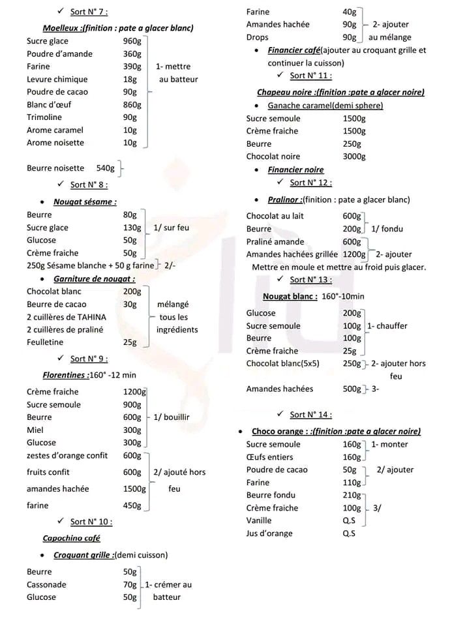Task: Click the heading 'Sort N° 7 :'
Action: (89, 12)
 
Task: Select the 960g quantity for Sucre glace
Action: (132, 41)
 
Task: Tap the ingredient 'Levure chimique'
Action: (57, 80)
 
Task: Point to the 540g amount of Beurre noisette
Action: (105, 168)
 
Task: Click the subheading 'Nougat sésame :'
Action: (85, 202)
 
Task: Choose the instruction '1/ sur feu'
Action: (172, 228)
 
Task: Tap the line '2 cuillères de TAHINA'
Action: (67, 317)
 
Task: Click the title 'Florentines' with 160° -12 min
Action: (66, 375)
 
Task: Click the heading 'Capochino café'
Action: (71, 538)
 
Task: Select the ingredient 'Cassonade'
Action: (46, 584)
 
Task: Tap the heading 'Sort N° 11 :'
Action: (310, 76)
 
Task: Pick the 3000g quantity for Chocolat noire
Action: (354, 156)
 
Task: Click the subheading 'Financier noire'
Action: (295, 170)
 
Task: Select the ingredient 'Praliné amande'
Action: (275, 242)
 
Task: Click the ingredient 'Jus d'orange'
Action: (269, 533)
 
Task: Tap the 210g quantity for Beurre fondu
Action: (352, 496)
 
